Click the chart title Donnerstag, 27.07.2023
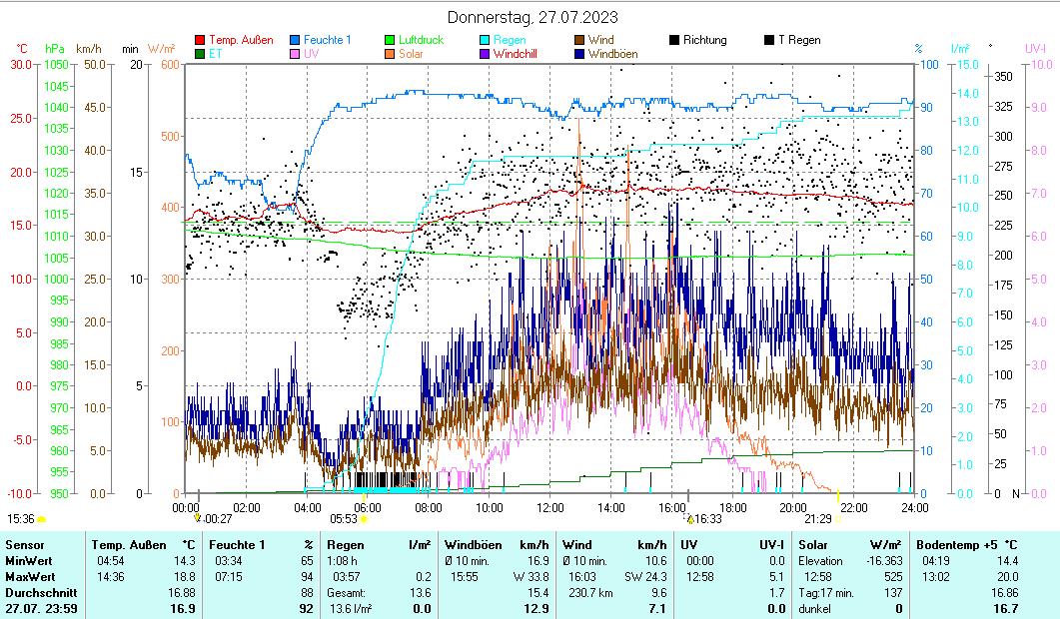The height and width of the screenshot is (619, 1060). click(531, 17)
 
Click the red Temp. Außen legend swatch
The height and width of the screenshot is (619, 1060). click(200, 40)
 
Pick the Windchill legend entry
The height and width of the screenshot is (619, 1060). click(515, 54)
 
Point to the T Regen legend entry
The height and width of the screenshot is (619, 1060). click(798, 40)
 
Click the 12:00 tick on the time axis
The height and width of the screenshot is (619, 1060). click(550, 507)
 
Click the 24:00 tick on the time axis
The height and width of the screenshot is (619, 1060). click(912, 507)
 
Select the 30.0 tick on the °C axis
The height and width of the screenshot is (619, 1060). click(21, 65)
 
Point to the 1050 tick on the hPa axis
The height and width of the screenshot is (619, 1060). click(56, 65)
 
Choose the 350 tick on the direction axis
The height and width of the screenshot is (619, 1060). click(1004, 76)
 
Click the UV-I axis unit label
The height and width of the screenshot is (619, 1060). click(1035, 48)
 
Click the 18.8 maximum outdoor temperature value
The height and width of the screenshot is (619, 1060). click(184, 576)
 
